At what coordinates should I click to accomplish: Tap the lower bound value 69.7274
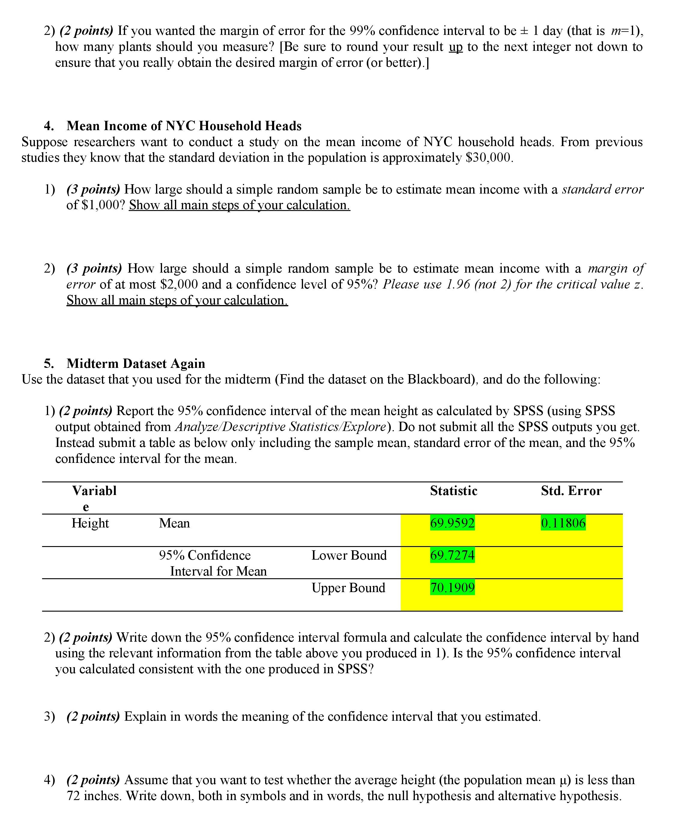click(x=452, y=555)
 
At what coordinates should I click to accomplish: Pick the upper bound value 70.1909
click(x=452, y=588)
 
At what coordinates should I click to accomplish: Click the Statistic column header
click(x=454, y=490)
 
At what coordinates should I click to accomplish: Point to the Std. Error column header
click(x=571, y=490)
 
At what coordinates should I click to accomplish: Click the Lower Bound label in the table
click(x=349, y=555)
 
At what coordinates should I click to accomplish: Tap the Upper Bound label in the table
click(x=348, y=588)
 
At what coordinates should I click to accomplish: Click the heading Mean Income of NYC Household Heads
click(x=184, y=126)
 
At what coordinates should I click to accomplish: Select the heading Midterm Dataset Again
click(x=136, y=363)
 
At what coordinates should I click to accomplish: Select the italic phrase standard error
click(x=602, y=189)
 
